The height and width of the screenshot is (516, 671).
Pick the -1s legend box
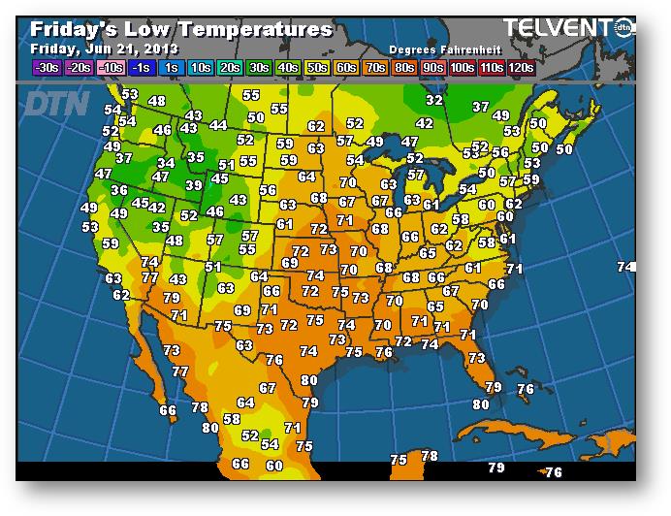click(x=142, y=67)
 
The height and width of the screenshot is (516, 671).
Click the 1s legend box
click(x=173, y=67)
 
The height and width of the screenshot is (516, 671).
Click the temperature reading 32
click(x=434, y=100)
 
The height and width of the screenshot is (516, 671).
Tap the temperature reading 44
click(x=218, y=125)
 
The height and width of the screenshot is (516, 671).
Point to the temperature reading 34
click(x=166, y=163)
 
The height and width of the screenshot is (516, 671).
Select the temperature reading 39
click(x=194, y=185)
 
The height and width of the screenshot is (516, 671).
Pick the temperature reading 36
click(x=119, y=190)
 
